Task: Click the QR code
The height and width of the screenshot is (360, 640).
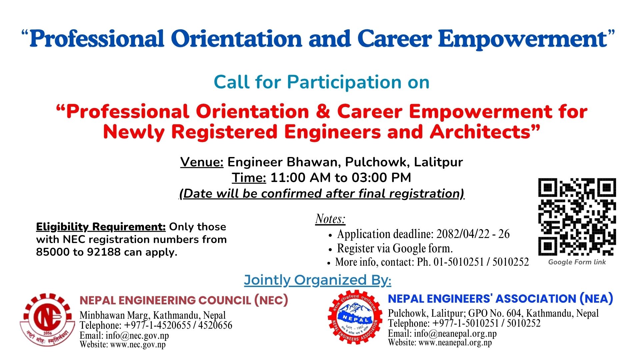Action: (x=577, y=217)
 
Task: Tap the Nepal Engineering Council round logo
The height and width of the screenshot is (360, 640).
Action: (x=48, y=319)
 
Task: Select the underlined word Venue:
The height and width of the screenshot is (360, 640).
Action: (x=202, y=162)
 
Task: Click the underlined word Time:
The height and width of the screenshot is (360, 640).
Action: (x=249, y=178)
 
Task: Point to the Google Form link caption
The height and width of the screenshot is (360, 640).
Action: (x=577, y=262)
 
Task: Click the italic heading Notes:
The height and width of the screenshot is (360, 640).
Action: (x=330, y=219)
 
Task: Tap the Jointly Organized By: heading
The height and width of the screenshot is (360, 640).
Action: (x=318, y=280)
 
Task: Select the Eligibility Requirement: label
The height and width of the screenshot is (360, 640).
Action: (x=101, y=227)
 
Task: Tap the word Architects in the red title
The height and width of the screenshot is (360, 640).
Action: (x=485, y=132)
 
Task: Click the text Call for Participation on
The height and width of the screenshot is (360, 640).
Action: (x=321, y=82)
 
